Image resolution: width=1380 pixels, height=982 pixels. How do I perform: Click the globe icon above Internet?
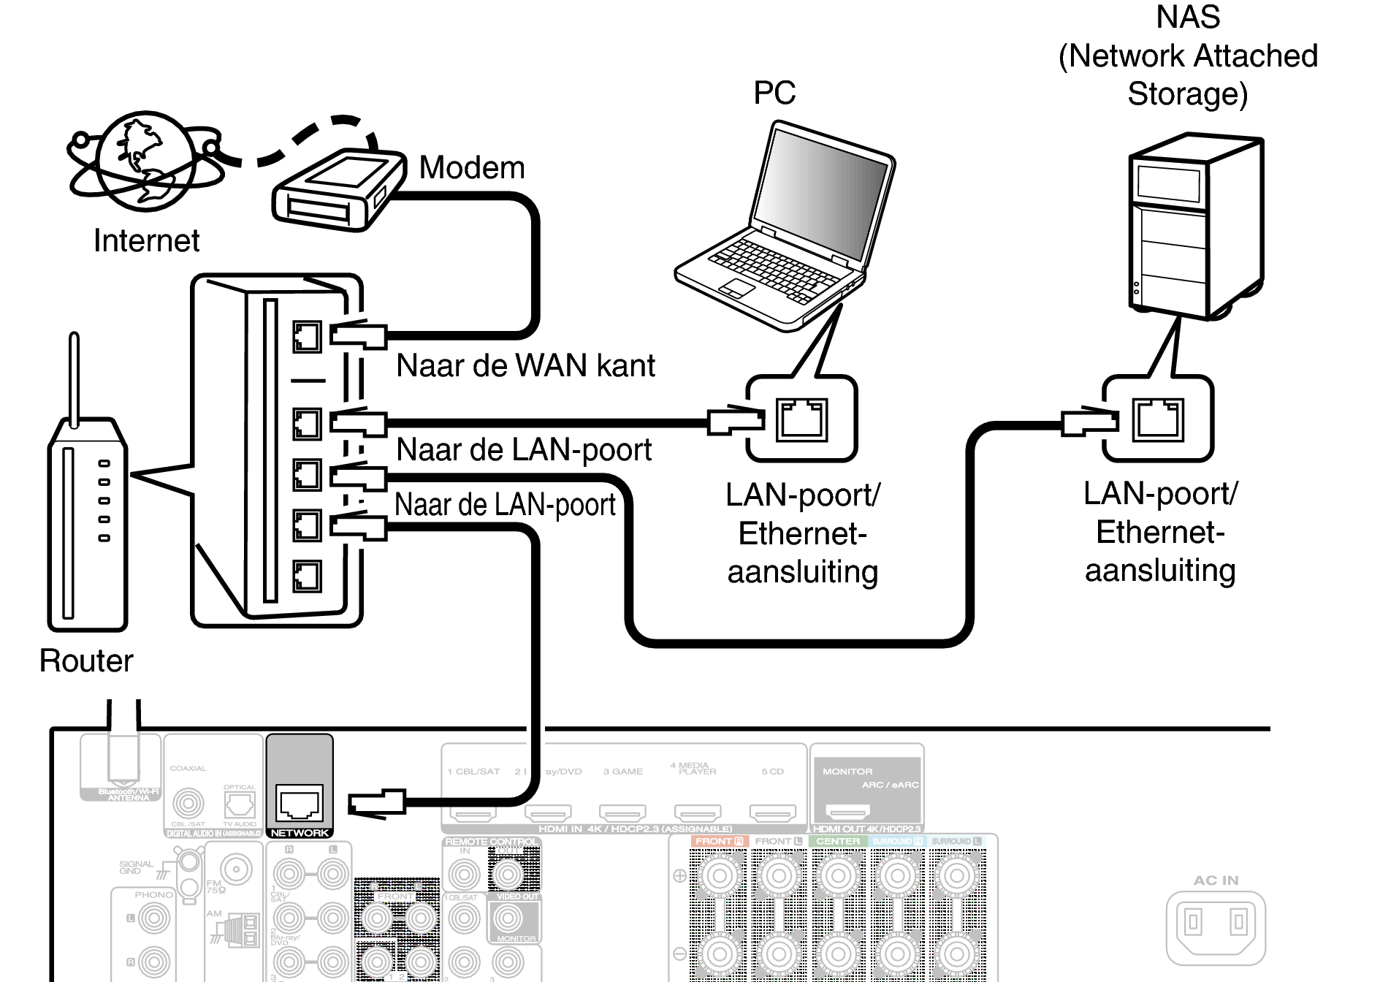145,161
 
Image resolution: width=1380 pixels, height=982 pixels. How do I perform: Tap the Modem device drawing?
338,190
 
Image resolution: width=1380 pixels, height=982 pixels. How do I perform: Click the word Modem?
472,167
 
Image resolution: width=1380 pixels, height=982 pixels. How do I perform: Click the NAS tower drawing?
1195,227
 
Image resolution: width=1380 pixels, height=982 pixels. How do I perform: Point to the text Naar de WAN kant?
525,365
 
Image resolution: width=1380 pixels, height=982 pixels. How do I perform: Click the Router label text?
86,661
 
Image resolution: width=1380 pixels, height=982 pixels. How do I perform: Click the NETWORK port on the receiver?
300,804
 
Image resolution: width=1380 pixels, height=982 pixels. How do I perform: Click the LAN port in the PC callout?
801,419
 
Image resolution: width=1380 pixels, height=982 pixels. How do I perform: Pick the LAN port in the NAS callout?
1158,419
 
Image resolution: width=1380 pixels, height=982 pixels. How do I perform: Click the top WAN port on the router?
307,337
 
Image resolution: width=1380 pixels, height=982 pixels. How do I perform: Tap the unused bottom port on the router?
307,576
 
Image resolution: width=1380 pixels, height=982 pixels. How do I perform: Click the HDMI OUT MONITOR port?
847,811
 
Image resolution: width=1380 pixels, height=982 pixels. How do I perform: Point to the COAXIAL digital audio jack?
188,804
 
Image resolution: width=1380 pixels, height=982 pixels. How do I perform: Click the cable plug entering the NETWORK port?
376,803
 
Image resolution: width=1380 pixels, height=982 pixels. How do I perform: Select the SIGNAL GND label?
136,867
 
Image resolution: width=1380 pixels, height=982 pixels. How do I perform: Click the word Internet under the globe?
146,240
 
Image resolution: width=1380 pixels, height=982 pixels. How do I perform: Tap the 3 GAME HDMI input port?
622,812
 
